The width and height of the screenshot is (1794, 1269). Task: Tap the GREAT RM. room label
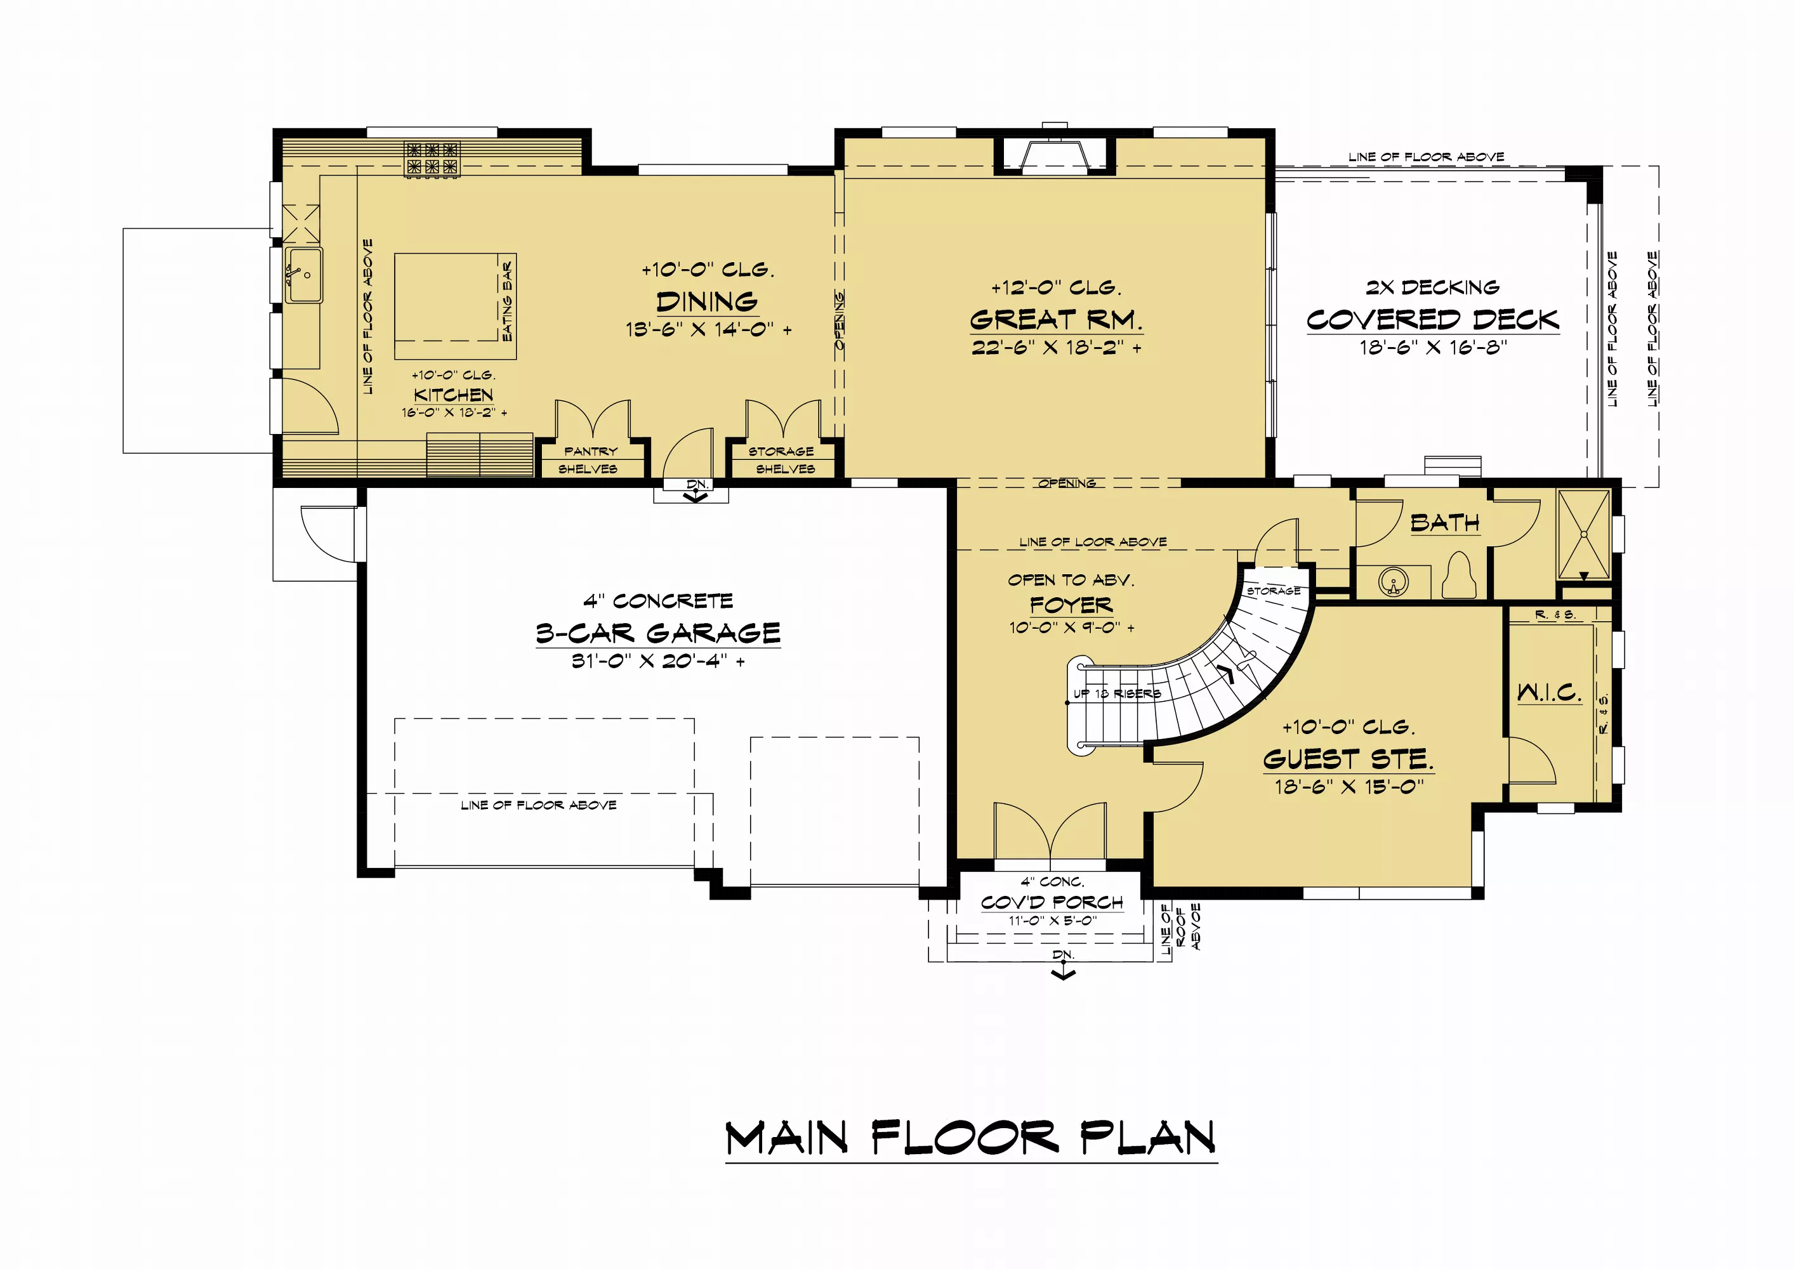pos(1055,320)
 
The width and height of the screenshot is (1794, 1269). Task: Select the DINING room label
pos(707,301)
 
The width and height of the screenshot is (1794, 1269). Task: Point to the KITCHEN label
pos(453,395)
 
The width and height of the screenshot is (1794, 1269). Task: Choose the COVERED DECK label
pos(1433,320)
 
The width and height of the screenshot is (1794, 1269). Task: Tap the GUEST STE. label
pos(1349,759)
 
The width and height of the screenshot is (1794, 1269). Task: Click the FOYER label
pos(1071,604)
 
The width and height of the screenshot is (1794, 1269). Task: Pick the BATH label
pos(1445,523)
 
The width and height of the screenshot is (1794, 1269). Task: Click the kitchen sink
pos(303,275)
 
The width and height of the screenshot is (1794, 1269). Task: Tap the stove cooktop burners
pos(432,158)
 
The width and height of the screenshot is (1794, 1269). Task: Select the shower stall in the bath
pos(1584,534)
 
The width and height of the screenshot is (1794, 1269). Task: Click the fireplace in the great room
pos(1055,154)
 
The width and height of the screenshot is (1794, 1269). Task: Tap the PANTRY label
pos(591,452)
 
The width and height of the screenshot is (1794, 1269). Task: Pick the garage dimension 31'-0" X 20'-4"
pos(658,661)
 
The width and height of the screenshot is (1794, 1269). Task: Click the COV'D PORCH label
pos(1052,902)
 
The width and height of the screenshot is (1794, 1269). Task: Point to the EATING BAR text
pos(507,301)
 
